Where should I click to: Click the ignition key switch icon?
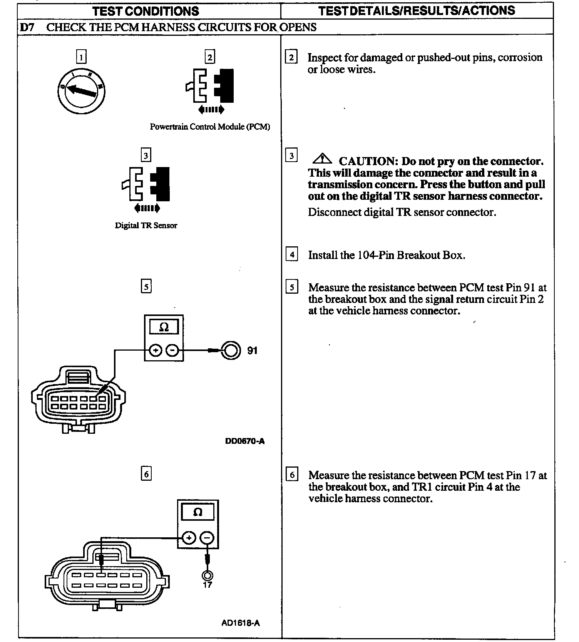click(x=81, y=91)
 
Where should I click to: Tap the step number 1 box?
click(x=81, y=57)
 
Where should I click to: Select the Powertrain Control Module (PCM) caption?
click(x=210, y=127)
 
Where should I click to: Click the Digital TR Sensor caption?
click(x=146, y=226)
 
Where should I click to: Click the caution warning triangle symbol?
click(x=322, y=159)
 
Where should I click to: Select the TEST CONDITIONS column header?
click(x=146, y=11)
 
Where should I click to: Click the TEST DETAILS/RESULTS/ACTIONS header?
click(x=417, y=11)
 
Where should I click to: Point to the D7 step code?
click(x=27, y=27)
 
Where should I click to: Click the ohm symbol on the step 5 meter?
click(x=164, y=327)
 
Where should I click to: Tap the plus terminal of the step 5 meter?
click(x=155, y=351)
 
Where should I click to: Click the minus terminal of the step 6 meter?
click(x=208, y=538)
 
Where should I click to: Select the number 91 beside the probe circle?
click(x=252, y=351)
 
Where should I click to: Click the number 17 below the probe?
click(x=207, y=585)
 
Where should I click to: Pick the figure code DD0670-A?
click(x=245, y=441)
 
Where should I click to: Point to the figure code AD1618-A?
click(x=241, y=623)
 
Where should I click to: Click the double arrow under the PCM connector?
click(x=211, y=110)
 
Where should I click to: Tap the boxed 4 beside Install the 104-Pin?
click(x=292, y=255)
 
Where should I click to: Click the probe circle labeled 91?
click(x=230, y=351)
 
